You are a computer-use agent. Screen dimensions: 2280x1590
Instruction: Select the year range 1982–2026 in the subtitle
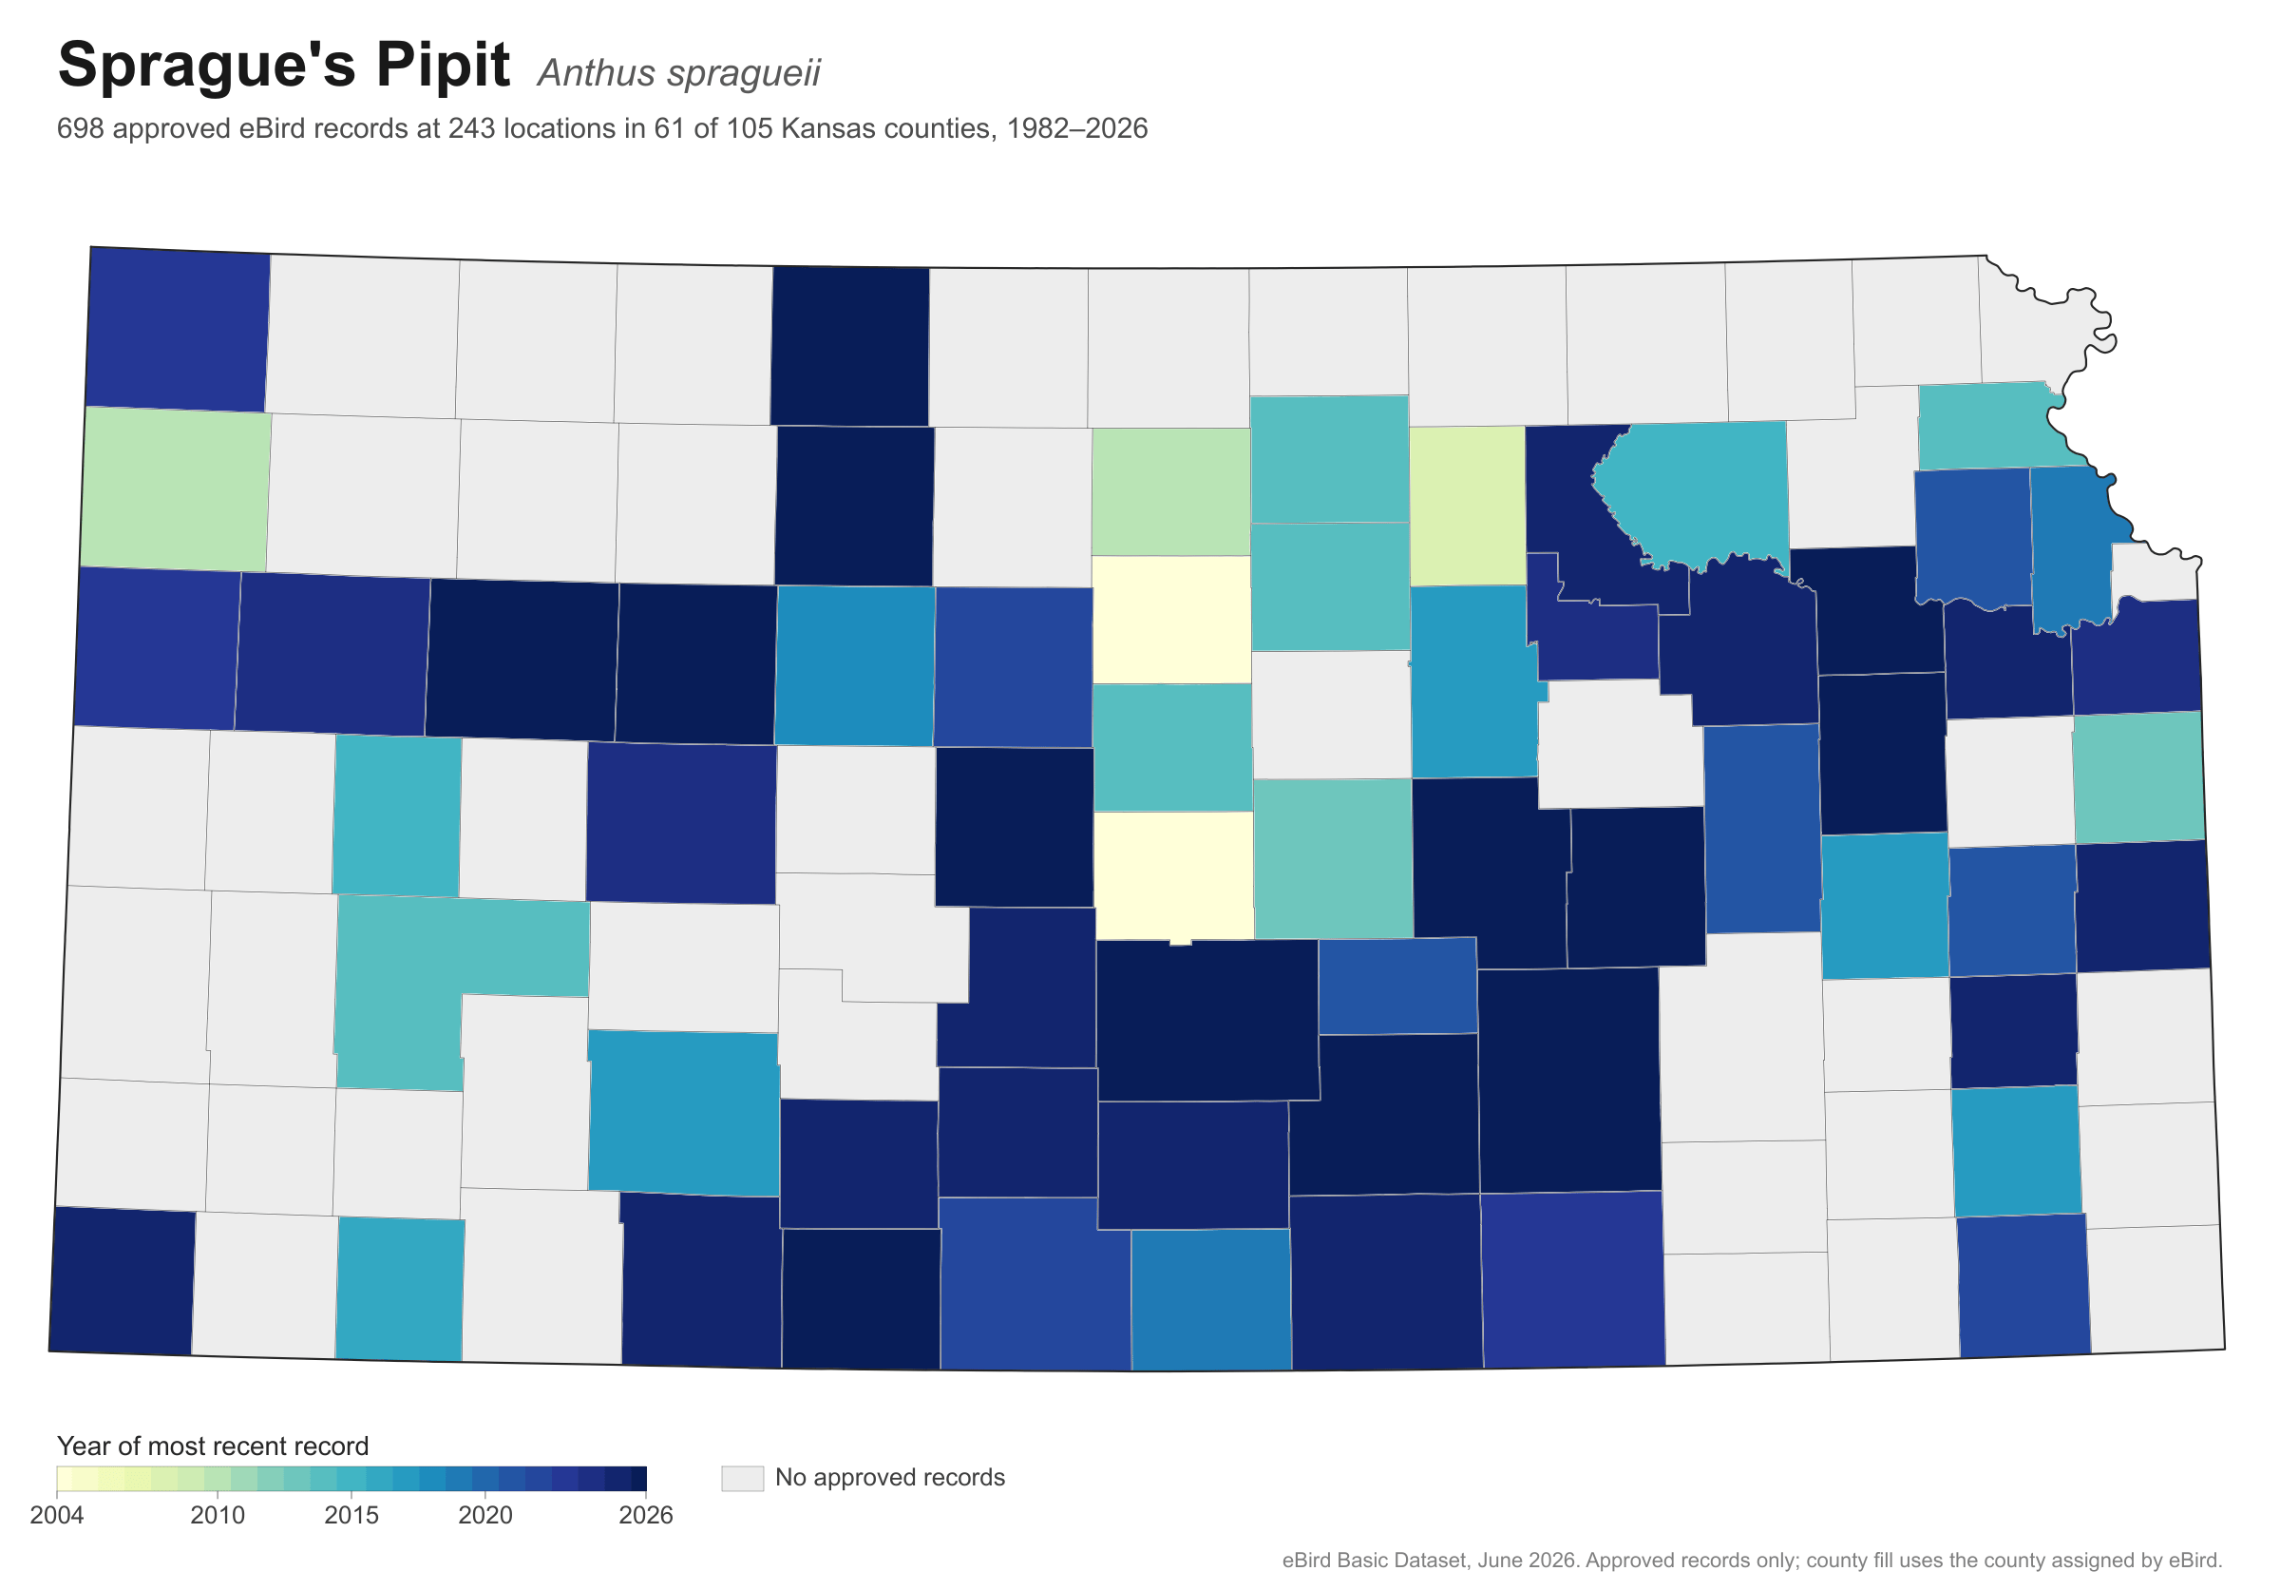pyautogui.click(x=1076, y=129)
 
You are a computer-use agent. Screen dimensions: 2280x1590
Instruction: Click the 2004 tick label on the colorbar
pyautogui.click(x=57, y=1516)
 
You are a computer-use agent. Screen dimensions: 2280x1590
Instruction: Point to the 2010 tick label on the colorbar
pyautogui.click(x=218, y=1516)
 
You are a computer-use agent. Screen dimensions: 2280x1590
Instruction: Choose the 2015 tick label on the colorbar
pyautogui.click(x=351, y=1516)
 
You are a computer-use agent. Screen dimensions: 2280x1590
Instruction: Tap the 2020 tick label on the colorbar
pyautogui.click(x=485, y=1516)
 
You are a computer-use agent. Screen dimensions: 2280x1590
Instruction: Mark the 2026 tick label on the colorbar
pyautogui.click(x=645, y=1516)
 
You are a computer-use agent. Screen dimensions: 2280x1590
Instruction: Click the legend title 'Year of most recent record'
pyautogui.click(x=213, y=1446)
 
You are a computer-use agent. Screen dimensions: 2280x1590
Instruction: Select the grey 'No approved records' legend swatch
pyautogui.click(x=742, y=1478)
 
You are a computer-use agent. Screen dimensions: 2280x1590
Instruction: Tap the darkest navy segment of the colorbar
pyautogui.click(x=638, y=1479)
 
